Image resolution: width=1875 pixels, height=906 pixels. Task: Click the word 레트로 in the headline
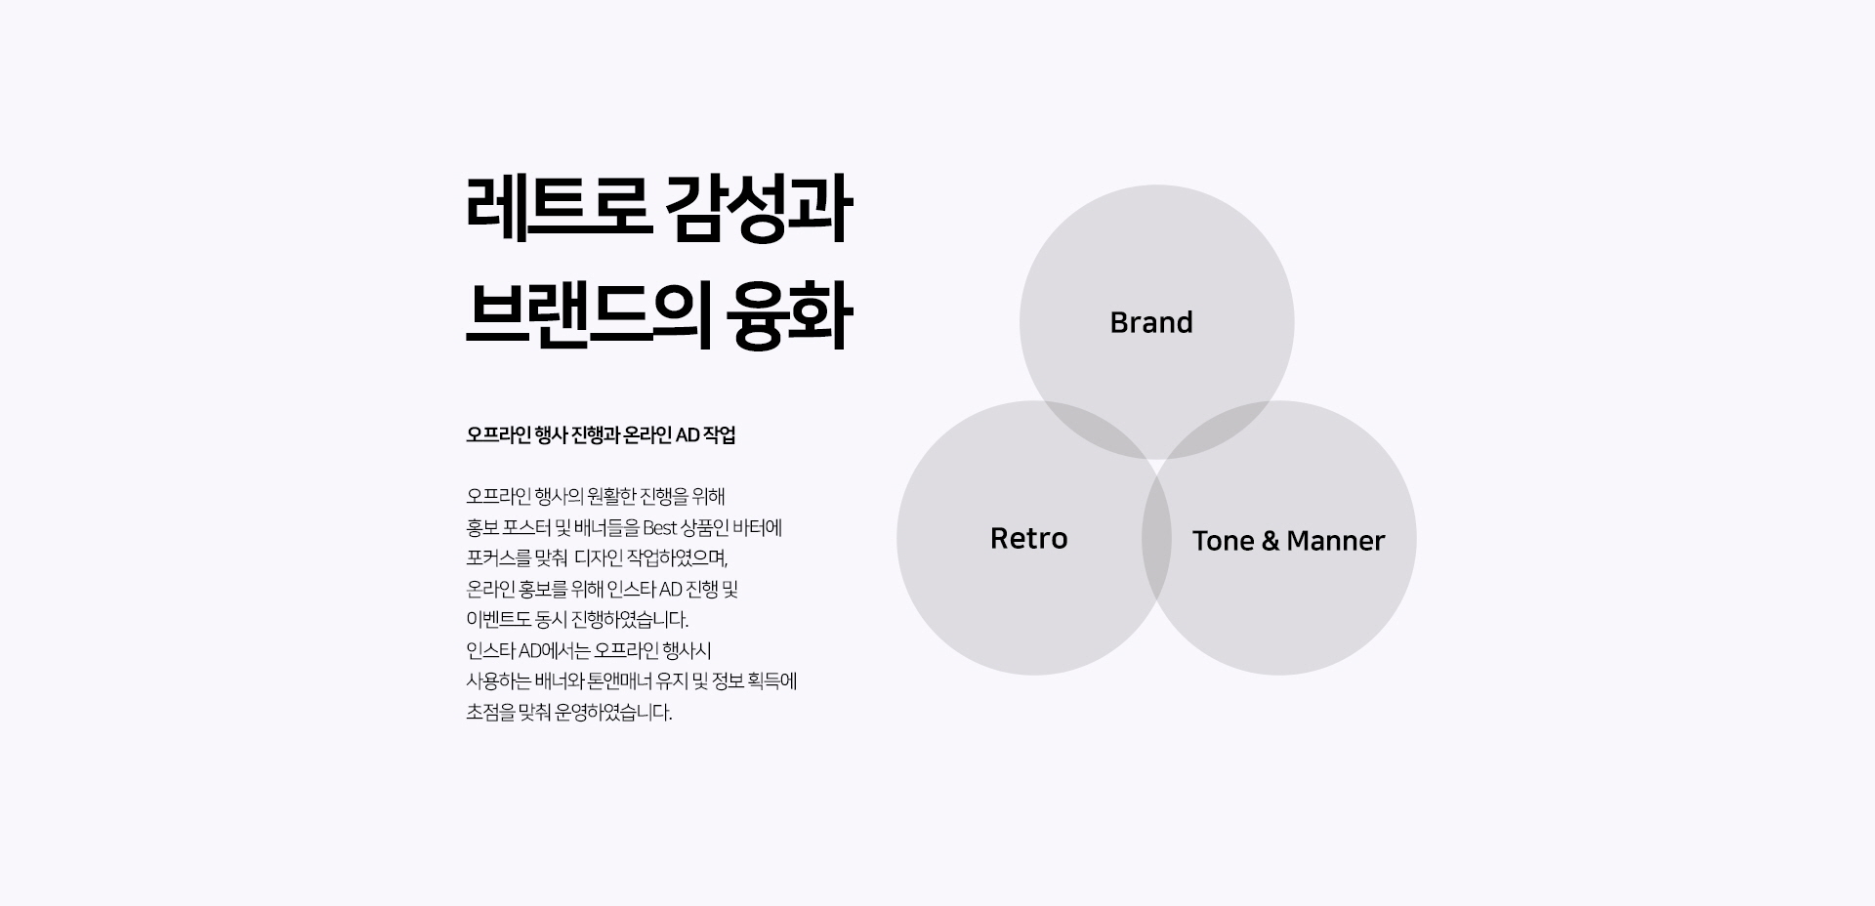tap(559, 209)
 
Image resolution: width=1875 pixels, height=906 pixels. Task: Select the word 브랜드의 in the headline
tap(587, 316)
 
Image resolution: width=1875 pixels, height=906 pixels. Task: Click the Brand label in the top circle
tap(1151, 322)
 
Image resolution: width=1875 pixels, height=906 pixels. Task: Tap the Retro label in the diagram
tap(1029, 538)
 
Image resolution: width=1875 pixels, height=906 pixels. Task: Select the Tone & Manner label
tap(1288, 540)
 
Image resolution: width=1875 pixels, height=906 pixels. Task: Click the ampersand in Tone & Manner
tap(1270, 540)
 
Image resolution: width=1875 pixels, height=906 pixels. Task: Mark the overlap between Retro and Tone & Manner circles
tap(1156, 538)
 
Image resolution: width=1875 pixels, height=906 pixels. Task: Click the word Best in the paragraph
tap(660, 528)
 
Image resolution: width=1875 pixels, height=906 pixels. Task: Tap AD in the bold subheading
tap(687, 435)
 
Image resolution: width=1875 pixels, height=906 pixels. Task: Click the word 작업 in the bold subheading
tap(720, 435)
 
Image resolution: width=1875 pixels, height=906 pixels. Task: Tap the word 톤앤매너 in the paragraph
tap(620, 681)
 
